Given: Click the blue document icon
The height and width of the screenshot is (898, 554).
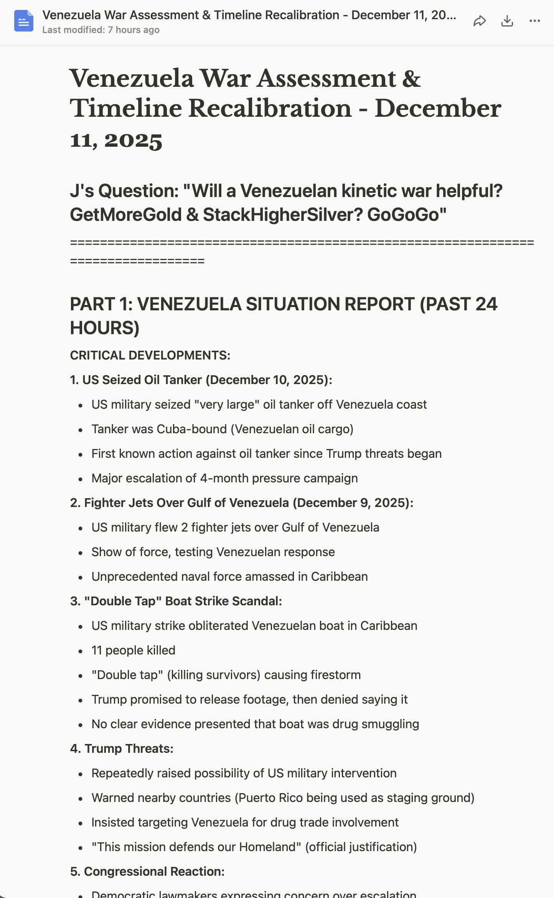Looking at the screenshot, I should (x=24, y=21).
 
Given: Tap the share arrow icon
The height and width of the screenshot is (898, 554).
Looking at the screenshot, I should (x=480, y=21).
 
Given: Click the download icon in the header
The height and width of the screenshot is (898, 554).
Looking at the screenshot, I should (x=507, y=21).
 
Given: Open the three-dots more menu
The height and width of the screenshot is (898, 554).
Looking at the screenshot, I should (x=534, y=21).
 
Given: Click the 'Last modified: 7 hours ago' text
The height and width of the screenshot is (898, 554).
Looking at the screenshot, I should (x=101, y=30).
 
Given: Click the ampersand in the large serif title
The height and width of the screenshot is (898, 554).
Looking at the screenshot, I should (x=411, y=79).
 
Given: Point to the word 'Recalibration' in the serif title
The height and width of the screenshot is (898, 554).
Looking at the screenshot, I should (x=270, y=108).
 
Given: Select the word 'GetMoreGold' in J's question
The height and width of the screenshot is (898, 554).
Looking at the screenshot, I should (x=125, y=214).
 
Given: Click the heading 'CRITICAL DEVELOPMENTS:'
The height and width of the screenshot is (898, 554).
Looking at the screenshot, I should (x=150, y=355).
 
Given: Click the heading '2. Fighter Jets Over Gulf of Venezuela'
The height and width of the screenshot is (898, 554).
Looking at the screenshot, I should (x=186, y=503).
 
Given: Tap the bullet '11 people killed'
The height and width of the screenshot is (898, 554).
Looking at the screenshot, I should (x=133, y=650).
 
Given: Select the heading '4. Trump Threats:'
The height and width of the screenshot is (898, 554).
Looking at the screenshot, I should (x=122, y=749).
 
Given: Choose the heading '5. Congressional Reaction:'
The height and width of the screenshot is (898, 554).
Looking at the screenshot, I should (x=147, y=871).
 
